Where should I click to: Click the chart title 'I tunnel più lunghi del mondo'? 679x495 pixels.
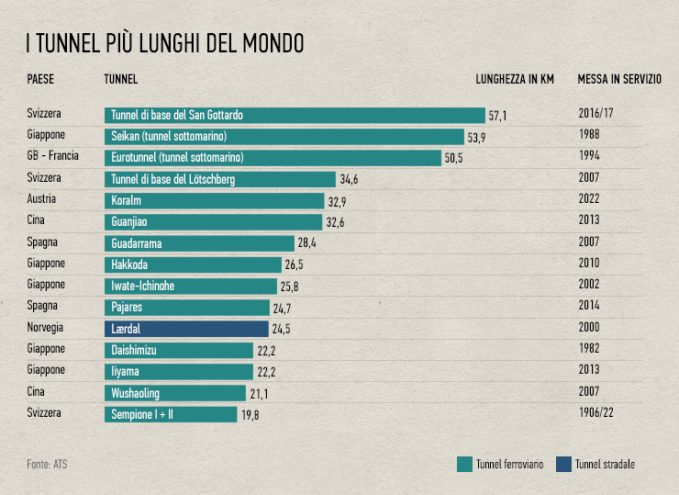click(x=165, y=42)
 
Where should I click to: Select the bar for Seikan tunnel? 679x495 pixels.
click(x=284, y=137)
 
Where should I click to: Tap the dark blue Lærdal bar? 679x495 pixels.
click(x=186, y=328)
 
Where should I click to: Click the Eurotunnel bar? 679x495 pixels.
click(x=273, y=158)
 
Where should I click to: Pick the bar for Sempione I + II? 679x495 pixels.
click(x=171, y=414)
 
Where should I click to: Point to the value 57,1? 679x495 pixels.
click(x=498, y=117)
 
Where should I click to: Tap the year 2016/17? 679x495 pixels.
click(x=596, y=115)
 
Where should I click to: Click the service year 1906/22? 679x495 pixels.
click(x=596, y=413)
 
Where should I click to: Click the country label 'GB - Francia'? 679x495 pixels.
click(x=53, y=156)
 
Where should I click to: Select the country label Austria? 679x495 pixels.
click(x=43, y=199)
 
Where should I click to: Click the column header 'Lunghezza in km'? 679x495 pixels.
click(x=515, y=79)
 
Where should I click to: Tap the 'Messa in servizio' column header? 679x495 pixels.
click(x=619, y=79)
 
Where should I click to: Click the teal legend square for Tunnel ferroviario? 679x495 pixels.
click(x=464, y=464)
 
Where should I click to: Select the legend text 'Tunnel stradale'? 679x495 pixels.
click(x=605, y=465)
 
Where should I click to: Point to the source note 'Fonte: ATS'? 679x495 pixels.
click(x=47, y=465)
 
